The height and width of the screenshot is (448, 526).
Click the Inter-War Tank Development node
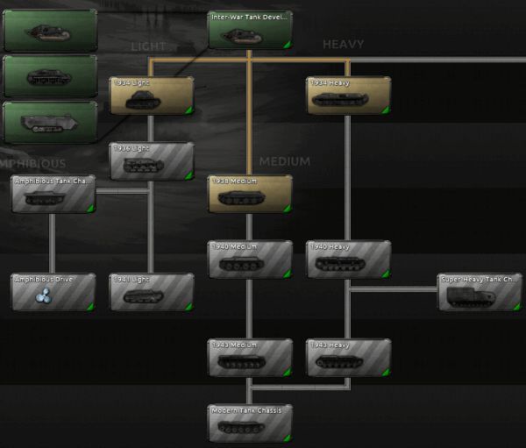[x=250, y=29]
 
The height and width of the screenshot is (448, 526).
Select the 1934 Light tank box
[x=152, y=96]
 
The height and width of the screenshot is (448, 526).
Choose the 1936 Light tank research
[x=152, y=161]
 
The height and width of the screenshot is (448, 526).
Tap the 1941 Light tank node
[x=152, y=292]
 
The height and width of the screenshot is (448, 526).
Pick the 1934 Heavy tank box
[x=348, y=96]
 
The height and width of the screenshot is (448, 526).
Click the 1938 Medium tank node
[x=250, y=194]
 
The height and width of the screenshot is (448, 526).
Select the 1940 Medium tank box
[x=250, y=260]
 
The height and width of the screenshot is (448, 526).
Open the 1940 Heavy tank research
[x=348, y=260]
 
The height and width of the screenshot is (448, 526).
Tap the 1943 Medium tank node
[x=250, y=358]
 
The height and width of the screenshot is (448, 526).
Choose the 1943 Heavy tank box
[x=348, y=358]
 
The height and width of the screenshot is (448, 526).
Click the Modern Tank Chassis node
[x=250, y=423]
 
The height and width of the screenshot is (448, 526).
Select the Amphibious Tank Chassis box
[x=53, y=194]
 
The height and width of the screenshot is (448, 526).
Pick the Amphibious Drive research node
[x=53, y=292]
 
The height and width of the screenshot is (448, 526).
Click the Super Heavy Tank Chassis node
[x=480, y=292]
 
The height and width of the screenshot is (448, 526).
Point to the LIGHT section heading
[x=148, y=46]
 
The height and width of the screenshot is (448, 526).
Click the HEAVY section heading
[x=343, y=44]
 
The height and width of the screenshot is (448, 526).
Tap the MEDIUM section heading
[x=285, y=161]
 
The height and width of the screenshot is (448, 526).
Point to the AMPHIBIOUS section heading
[x=33, y=163]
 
